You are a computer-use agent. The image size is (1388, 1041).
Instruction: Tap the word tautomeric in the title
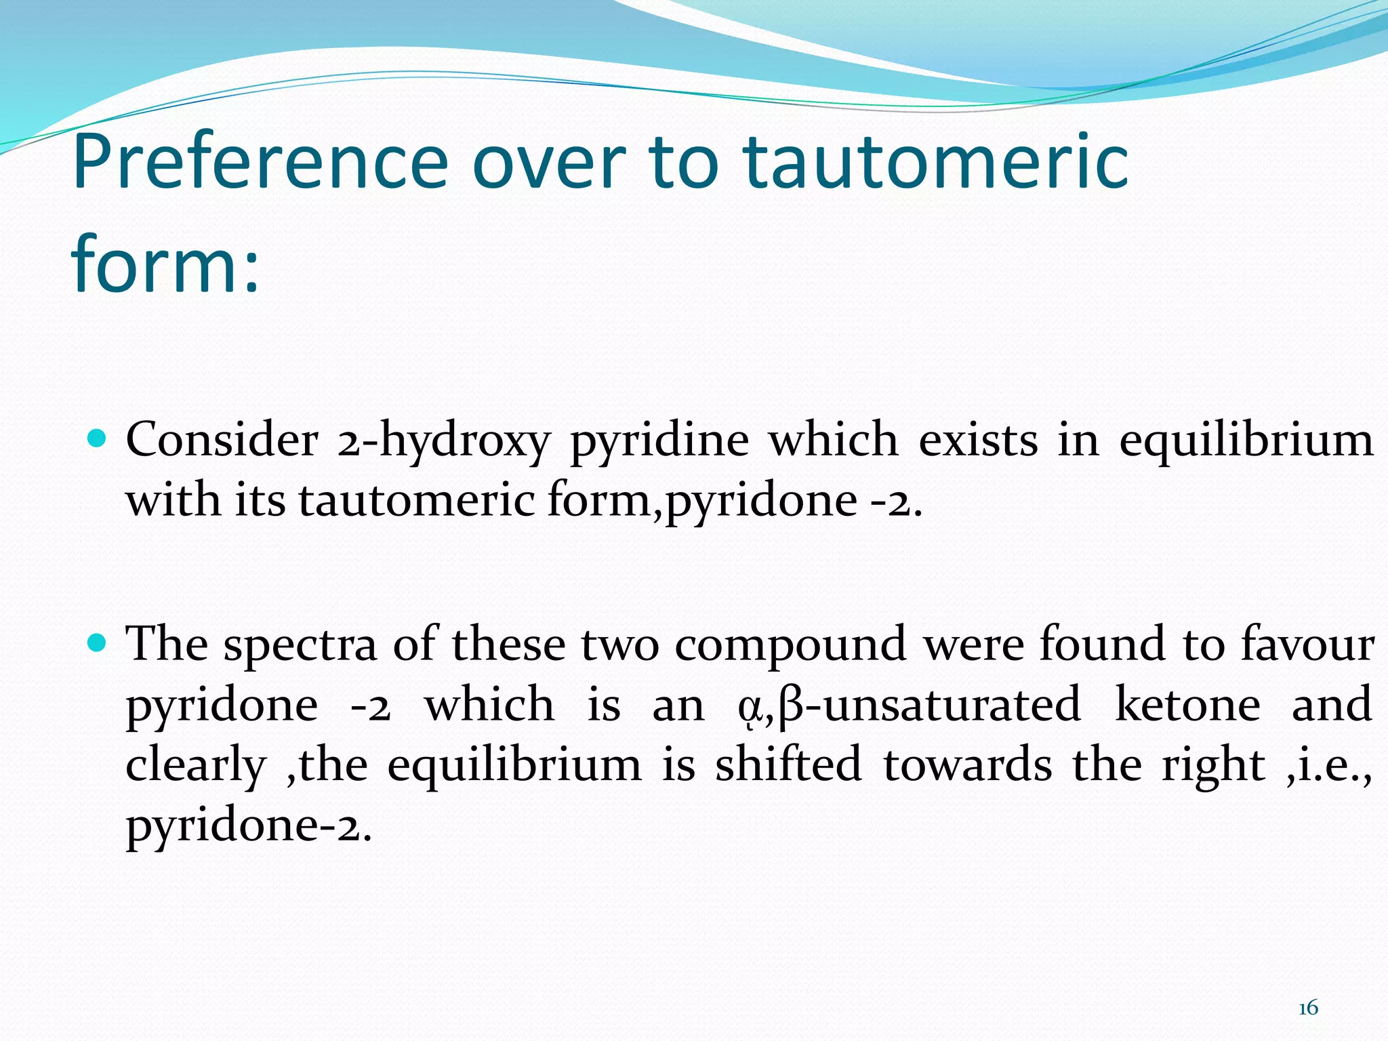[x=935, y=163]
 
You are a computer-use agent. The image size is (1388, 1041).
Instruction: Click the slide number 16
[x=1308, y=1008]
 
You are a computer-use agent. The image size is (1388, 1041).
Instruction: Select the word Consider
[x=222, y=441]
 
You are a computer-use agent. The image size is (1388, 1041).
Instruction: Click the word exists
[x=978, y=441]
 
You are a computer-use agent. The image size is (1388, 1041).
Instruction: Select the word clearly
[x=196, y=766]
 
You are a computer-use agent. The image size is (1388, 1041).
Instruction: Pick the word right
[x=1213, y=766]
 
